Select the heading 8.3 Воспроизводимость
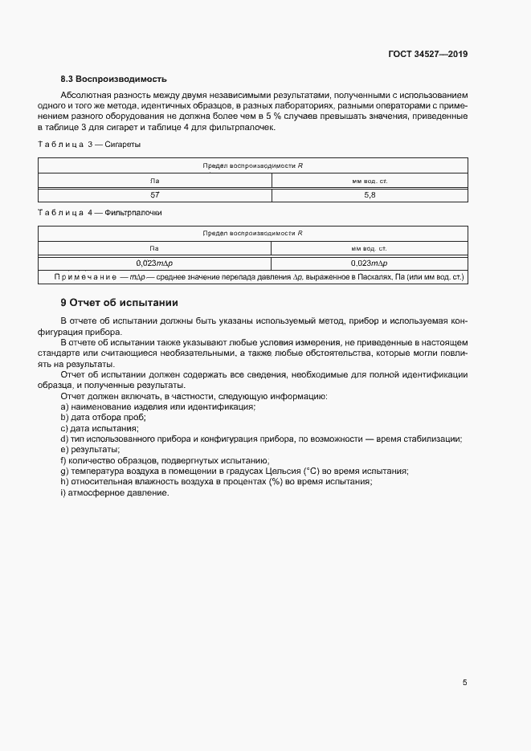[x=113, y=79]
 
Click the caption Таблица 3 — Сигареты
[x=89, y=145]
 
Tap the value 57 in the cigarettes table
[x=155, y=195]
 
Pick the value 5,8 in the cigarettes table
[x=370, y=195]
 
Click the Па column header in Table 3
[x=155, y=181]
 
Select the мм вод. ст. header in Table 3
[x=370, y=181]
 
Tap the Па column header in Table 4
[x=155, y=248]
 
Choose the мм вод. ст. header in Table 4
[x=370, y=248]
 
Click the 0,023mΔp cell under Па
[x=155, y=263]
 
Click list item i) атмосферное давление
[x=114, y=492]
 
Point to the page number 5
[x=464, y=683]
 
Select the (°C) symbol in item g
[x=312, y=471]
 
